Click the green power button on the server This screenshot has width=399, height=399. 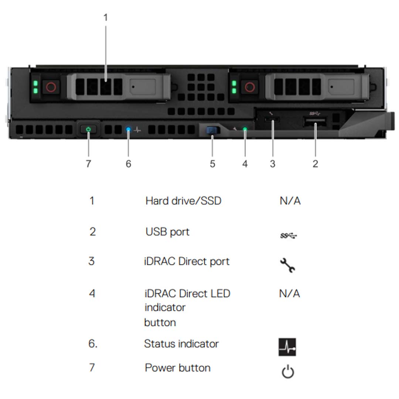coord(88,130)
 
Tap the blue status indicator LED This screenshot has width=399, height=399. coord(128,130)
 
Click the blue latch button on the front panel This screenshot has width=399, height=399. coord(212,130)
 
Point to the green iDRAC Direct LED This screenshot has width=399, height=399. coord(245,129)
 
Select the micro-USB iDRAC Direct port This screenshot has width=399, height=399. coord(273,120)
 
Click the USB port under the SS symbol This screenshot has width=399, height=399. coord(315,121)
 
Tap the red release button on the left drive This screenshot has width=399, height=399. coord(51,87)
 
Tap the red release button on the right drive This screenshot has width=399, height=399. coord(250,87)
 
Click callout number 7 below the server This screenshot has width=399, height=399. coord(88,164)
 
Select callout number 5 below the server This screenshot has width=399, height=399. coord(212,164)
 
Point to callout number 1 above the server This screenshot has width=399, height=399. coord(106,17)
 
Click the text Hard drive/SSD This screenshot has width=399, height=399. coord(183,201)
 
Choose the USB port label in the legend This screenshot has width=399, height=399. coord(167,232)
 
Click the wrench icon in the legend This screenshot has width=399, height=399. coord(287,265)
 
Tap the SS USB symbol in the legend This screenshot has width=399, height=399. coord(289,235)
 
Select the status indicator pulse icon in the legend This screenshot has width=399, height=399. coord(287,347)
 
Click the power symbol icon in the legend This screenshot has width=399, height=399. coord(288,372)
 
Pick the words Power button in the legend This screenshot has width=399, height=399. coord(178,368)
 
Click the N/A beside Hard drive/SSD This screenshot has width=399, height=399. coord(290,201)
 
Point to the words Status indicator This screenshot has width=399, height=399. coord(181,344)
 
